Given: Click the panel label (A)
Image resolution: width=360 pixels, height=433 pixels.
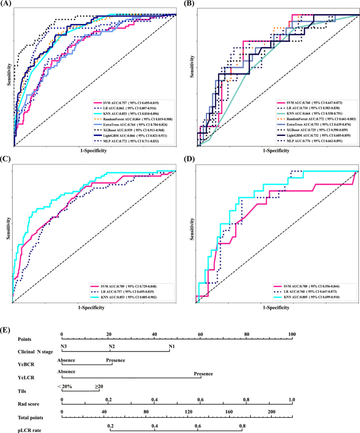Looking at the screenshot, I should click(8, 5).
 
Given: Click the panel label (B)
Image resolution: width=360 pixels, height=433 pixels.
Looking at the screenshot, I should click(189, 5).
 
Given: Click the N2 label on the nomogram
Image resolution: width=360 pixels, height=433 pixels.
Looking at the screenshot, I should click(112, 347).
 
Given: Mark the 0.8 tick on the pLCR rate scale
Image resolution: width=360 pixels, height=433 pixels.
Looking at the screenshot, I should click(242, 425).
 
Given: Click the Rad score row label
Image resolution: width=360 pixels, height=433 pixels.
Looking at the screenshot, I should click(29, 402).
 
